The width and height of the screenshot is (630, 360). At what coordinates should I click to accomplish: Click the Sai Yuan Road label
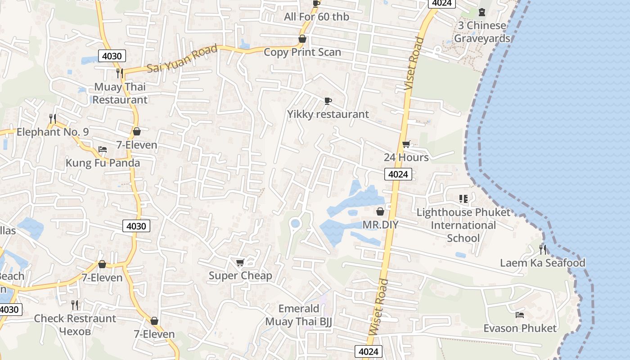pyautogui.click(x=182, y=59)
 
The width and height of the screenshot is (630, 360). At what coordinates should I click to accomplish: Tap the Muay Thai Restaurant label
pyautogui.click(x=120, y=93)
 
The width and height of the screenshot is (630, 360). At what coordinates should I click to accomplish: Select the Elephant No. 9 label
pyautogui.click(x=53, y=132)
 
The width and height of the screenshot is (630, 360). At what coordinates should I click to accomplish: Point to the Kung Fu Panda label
pyautogui.click(x=103, y=163)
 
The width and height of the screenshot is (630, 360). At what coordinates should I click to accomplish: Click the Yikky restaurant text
pyautogui.click(x=328, y=114)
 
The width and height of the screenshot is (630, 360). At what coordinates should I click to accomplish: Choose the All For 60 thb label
pyautogui.click(x=316, y=17)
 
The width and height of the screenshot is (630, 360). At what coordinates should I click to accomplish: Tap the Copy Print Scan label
pyautogui.click(x=302, y=52)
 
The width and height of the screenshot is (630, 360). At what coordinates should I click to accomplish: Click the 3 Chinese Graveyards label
pyautogui.click(x=482, y=31)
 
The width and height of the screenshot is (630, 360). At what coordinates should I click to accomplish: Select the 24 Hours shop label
pyautogui.click(x=406, y=157)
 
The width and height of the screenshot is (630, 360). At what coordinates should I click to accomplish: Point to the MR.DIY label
pyautogui.click(x=380, y=225)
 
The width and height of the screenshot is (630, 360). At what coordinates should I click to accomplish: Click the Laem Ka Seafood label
pyautogui.click(x=543, y=263)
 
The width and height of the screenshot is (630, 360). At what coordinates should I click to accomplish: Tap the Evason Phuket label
pyautogui.click(x=520, y=328)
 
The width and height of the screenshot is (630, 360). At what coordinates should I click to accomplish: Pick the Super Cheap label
pyautogui.click(x=240, y=275)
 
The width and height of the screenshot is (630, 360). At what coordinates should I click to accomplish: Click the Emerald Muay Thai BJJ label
pyautogui.click(x=299, y=315)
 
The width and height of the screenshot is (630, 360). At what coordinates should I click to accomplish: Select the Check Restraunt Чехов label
pyautogui.click(x=75, y=324)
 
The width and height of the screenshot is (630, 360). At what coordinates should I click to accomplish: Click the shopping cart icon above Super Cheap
pyautogui.click(x=240, y=262)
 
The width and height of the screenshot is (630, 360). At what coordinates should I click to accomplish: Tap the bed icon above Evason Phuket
pyautogui.click(x=520, y=315)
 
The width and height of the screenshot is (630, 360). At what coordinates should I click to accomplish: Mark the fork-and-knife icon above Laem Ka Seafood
pyautogui.click(x=543, y=249)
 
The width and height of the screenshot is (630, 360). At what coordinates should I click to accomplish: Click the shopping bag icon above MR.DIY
pyautogui.click(x=380, y=211)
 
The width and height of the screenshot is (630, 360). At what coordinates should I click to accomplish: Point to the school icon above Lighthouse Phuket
pyautogui.click(x=463, y=198)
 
